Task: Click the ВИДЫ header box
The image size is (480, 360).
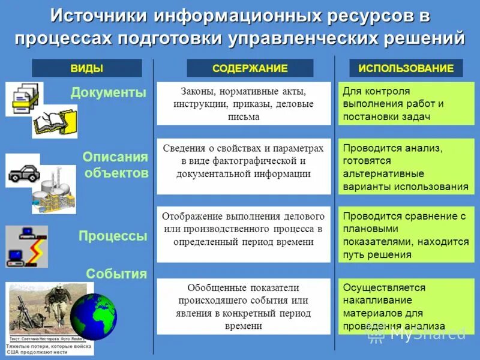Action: (x=86, y=68)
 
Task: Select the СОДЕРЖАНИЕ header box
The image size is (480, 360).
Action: (x=250, y=68)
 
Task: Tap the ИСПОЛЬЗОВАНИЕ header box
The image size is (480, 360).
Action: (x=406, y=68)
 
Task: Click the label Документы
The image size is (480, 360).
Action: (x=109, y=93)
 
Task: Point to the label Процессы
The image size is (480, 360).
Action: (x=113, y=236)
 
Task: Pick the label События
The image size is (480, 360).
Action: (x=116, y=274)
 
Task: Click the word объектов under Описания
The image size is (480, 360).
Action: (x=116, y=173)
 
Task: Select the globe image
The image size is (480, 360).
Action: (x=94, y=316)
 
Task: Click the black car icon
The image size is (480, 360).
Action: (x=23, y=174)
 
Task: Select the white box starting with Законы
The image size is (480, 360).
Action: (x=244, y=103)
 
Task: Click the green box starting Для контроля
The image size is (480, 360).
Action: (x=406, y=103)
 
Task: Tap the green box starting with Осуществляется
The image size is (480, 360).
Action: (x=406, y=306)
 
